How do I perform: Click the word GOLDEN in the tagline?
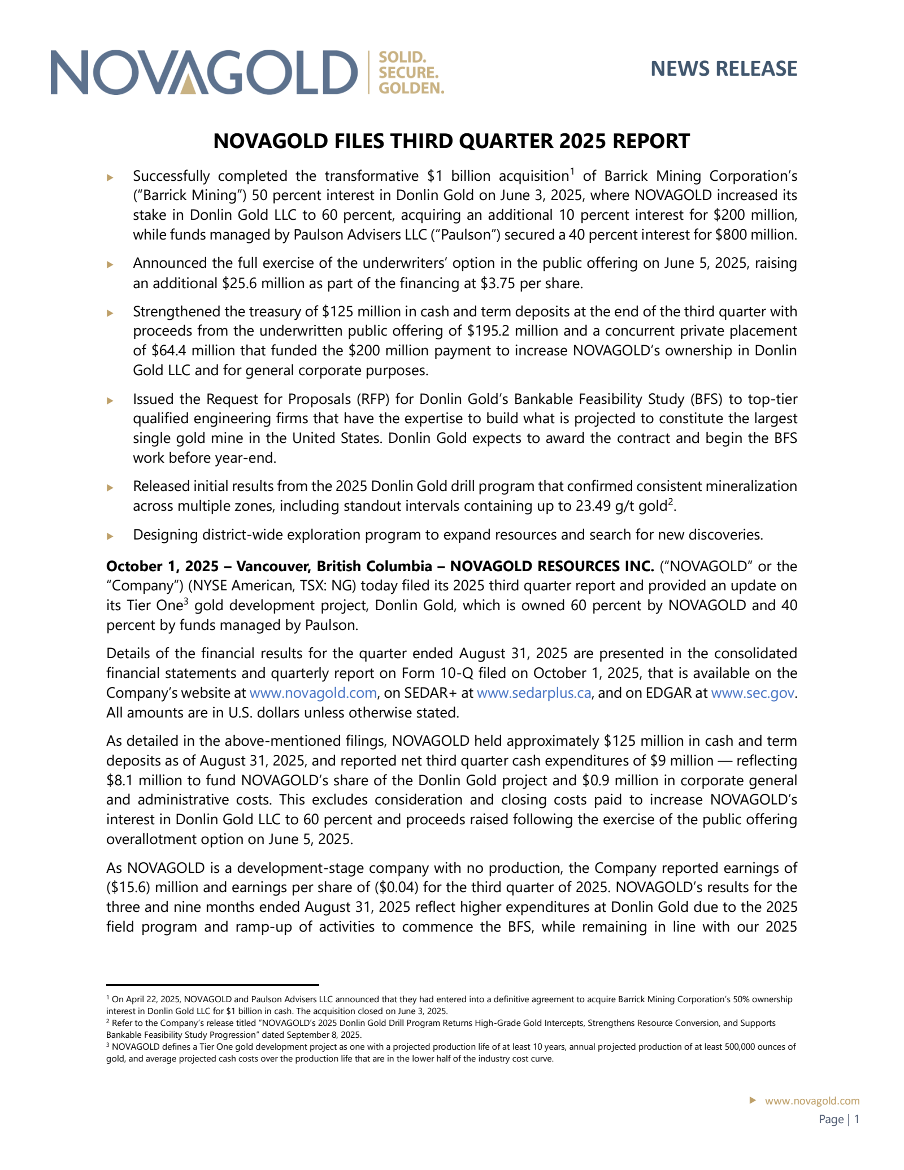coord(411,88)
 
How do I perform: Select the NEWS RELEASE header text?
coord(723,69)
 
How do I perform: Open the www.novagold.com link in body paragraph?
coord(313,693)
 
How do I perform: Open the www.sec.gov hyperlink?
coord(753,693)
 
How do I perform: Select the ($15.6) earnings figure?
coord(128,888)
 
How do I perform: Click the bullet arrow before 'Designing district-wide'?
coord(110,536)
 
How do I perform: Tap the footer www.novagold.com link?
coord(812,1101)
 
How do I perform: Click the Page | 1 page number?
coord(839,1120)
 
